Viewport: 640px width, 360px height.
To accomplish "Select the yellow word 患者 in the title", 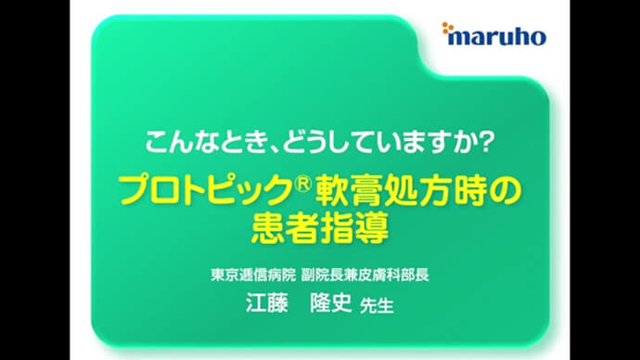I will pos(285,226).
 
